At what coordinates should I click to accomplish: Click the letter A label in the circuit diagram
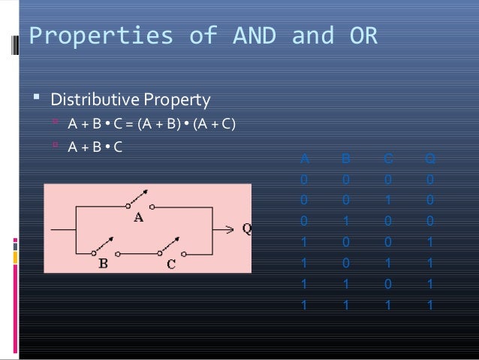[139, 218]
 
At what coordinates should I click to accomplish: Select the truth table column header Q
[428, 159]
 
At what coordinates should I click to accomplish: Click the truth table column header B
[345, 159]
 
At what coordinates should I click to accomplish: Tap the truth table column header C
[387, 159]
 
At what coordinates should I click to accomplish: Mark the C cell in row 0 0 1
[387, 201]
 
